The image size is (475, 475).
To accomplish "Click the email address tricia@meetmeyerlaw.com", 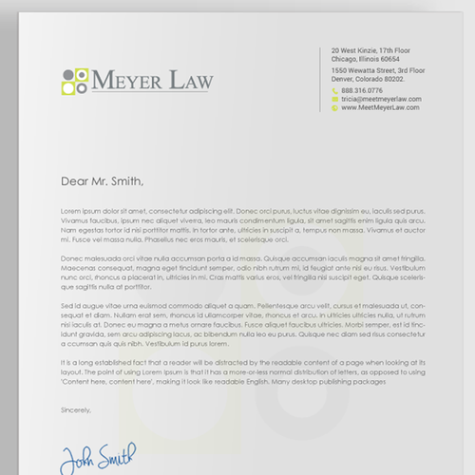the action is [x=381, y=99].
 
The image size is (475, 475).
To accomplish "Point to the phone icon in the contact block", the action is [x=335, y=90].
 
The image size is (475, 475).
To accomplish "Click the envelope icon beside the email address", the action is [x=335, y=99].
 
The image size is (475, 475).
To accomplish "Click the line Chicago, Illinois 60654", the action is [x=365, y=59].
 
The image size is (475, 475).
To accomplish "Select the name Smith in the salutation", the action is [x=126, y=181].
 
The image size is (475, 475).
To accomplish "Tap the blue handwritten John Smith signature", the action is [x=99, y=454].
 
